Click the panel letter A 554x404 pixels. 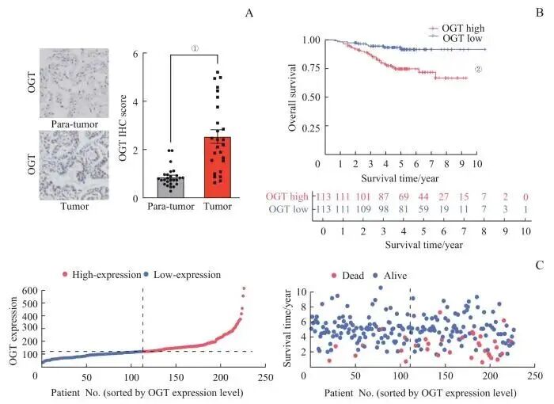pos(249,13)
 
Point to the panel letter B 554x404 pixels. pos(525,13)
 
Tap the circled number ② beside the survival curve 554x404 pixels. pos(478,68)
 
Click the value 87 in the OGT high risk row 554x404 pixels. pos(382,197)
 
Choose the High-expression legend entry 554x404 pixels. pos(100,274)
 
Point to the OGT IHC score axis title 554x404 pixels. pos(123,119)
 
